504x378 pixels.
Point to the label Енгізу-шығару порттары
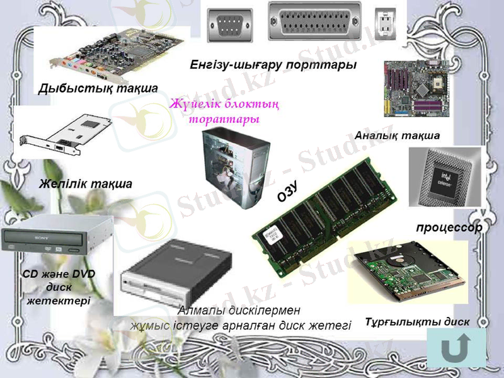[x=273, y=65]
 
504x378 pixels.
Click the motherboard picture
[x=411, y=88]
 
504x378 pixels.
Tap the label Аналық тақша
[x=398, y=135]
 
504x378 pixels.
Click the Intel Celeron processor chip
[x=445, y=177]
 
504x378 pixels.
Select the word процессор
[x=448, y=227]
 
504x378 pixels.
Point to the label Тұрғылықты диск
[x=417, y=322]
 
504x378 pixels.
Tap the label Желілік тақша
[x=85, y=185]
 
